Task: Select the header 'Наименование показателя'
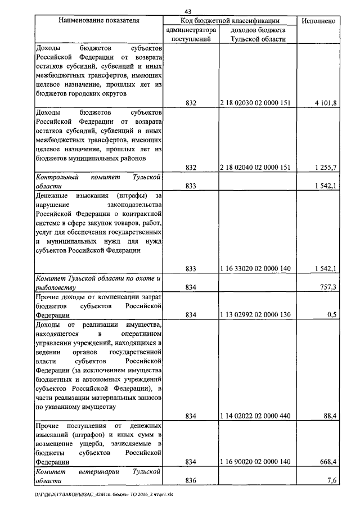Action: (98, 21)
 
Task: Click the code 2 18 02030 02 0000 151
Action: (256, 102)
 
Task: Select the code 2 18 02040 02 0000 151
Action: (256, 168)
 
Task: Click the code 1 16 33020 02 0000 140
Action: (256, 269)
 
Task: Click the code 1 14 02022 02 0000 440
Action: (256, 416)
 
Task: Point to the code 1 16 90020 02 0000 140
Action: (256, 462)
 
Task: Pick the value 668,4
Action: (327, 462)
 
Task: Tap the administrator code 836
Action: (190, 480)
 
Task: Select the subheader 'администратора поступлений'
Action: (190, 34)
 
